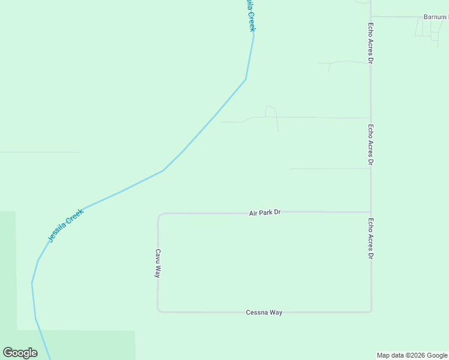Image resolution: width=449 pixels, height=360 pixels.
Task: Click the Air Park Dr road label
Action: coord(265,212)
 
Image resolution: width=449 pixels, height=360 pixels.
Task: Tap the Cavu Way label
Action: coord(158,263)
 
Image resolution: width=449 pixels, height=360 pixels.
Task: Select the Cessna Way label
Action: coord(264,313)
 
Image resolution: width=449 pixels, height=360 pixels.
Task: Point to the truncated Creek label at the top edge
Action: coord(249,15)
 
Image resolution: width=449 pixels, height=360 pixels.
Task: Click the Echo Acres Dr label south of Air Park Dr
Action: coord(371,238)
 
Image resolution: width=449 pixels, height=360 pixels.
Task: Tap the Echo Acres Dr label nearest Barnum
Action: coord(371,43)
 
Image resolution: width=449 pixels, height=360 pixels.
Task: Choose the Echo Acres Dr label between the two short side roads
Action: coord(371,145)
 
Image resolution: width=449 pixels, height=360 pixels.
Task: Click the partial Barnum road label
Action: coord(435,17)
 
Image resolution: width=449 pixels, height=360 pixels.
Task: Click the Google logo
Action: coord(20,353)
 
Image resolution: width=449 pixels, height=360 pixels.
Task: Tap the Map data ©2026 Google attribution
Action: coord(412,355)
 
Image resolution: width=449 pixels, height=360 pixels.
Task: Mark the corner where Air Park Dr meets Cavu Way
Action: coord(158,214)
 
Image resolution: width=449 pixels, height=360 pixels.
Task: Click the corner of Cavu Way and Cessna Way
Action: coord(158,311)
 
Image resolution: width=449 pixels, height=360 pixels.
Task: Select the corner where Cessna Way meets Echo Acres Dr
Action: coord(371,311)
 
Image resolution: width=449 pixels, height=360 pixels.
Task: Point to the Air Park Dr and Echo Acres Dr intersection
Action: coord(370,212)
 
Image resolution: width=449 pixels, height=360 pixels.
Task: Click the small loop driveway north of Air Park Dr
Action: coord(271,111)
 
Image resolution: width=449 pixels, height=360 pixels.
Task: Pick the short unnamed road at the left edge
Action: coord(39,152)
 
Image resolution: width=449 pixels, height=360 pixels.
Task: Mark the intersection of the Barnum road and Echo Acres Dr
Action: coord(370,16)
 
